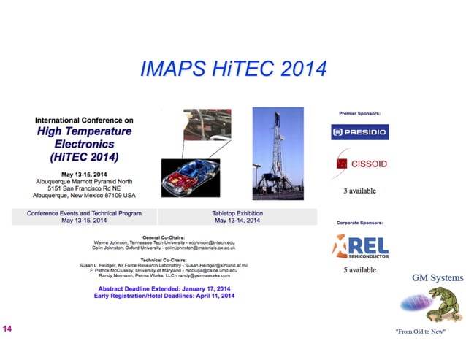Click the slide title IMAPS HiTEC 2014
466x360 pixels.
[232, 70]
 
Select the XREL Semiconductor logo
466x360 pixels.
[361, 247]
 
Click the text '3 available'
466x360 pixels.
[359, 191]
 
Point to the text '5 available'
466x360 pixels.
[359, 270]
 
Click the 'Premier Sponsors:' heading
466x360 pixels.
[359, 114]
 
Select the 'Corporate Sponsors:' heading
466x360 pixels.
[359, 222]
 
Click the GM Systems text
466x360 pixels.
[437, 278]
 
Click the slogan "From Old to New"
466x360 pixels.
[419, 332]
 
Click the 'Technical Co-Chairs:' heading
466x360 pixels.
[163, 259]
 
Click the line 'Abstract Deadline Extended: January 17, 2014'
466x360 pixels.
[163, 289]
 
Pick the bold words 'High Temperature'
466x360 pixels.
[85, 131]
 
